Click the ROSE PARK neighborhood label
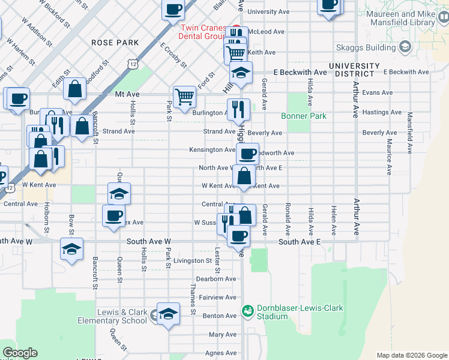coord(115,43)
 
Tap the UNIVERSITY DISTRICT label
coord(354,70)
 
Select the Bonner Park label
coord(304,116)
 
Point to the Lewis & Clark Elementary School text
coord(112,316)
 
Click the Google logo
coord(20,353)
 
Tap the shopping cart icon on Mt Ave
coord(184,95)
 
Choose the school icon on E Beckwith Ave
coord(241,73)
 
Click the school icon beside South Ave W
coord(71,248)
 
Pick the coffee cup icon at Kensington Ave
coord(247,154)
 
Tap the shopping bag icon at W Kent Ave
coord(244,177)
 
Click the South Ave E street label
coord(299,241)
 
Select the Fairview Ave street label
coord(218,298)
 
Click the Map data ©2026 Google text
coord(411,355)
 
